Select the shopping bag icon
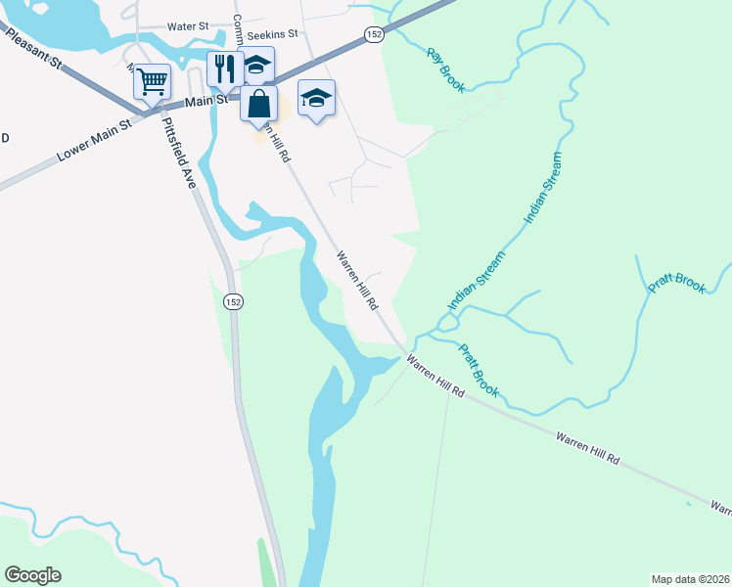click(258, 103)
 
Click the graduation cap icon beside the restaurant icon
click(256, 66)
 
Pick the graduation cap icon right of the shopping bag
click(316, 98)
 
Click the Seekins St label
click(272, 35)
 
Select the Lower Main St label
click(94, 142)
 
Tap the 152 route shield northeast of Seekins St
click(372, 34)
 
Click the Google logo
click(32, 575)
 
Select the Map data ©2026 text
click(690, 578)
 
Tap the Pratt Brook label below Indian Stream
click(479, 370)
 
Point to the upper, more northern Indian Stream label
click(544, 188)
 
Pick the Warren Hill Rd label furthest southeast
click(720, 509)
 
